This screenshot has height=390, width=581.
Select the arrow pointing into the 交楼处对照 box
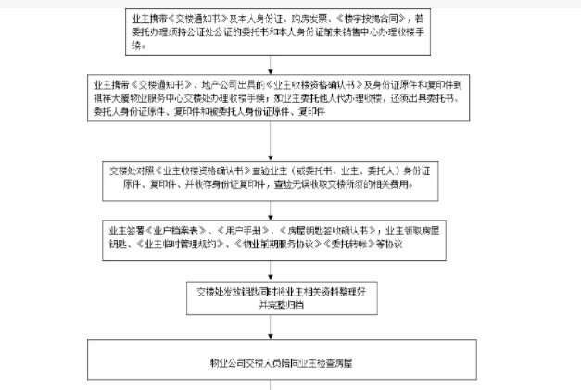click(270, 147)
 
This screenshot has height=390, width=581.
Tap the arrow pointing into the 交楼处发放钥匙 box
click(270, 269)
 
